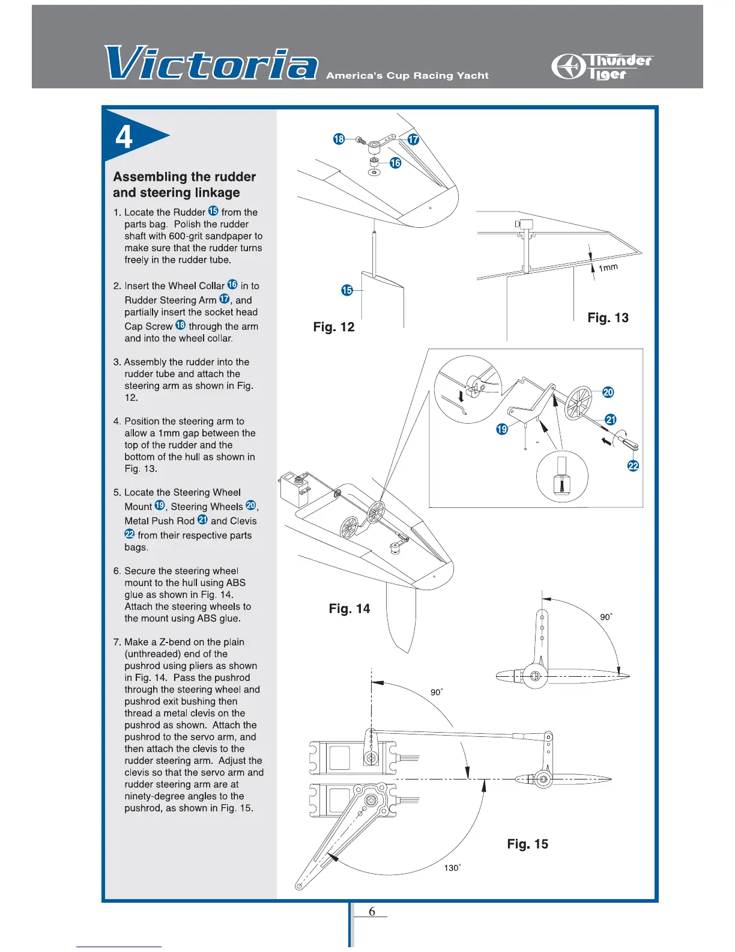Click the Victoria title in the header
210,63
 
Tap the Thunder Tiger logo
602,67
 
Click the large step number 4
124,137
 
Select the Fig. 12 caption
334,327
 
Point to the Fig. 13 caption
608,317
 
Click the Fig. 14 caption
349,609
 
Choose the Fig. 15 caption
527,844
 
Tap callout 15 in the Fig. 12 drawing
347,290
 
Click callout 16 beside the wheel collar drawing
395,163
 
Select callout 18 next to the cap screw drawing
339,139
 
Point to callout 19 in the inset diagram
502,429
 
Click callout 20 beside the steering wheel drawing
608,392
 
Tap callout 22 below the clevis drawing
633,466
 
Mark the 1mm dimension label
608,267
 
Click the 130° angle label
452,868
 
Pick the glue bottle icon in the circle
561,475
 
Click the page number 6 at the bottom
372,912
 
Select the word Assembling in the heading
150,177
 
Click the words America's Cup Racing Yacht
407,76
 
